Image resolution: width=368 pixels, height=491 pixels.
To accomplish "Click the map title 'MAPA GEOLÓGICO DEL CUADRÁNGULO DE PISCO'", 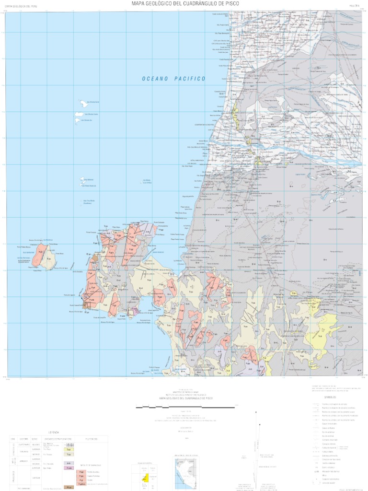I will click(x=184, y=4).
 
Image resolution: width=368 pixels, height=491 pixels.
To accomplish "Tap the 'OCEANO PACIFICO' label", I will click(x=173, y=78).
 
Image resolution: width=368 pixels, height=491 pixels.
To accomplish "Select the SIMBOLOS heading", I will click(x=330, y=397).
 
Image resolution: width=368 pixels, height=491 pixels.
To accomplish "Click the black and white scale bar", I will click(x=186, y=406).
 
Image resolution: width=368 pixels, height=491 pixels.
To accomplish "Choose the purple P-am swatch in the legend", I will click(x=69, y=468).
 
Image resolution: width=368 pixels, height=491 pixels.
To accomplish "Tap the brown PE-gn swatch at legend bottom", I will click(x=69, y=488).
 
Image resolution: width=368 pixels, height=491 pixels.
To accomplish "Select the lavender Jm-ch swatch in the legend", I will click(x=69, y=463).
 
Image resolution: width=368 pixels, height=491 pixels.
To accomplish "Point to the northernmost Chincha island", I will click(x=84, y=103).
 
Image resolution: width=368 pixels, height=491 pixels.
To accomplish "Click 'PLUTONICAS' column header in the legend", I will click(x=92, y=439).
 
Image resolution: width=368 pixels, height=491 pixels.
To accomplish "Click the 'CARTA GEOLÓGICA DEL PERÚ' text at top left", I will click(x=21, y=7).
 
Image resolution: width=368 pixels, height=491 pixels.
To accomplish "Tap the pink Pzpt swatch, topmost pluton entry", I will click(x=81, y=472).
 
